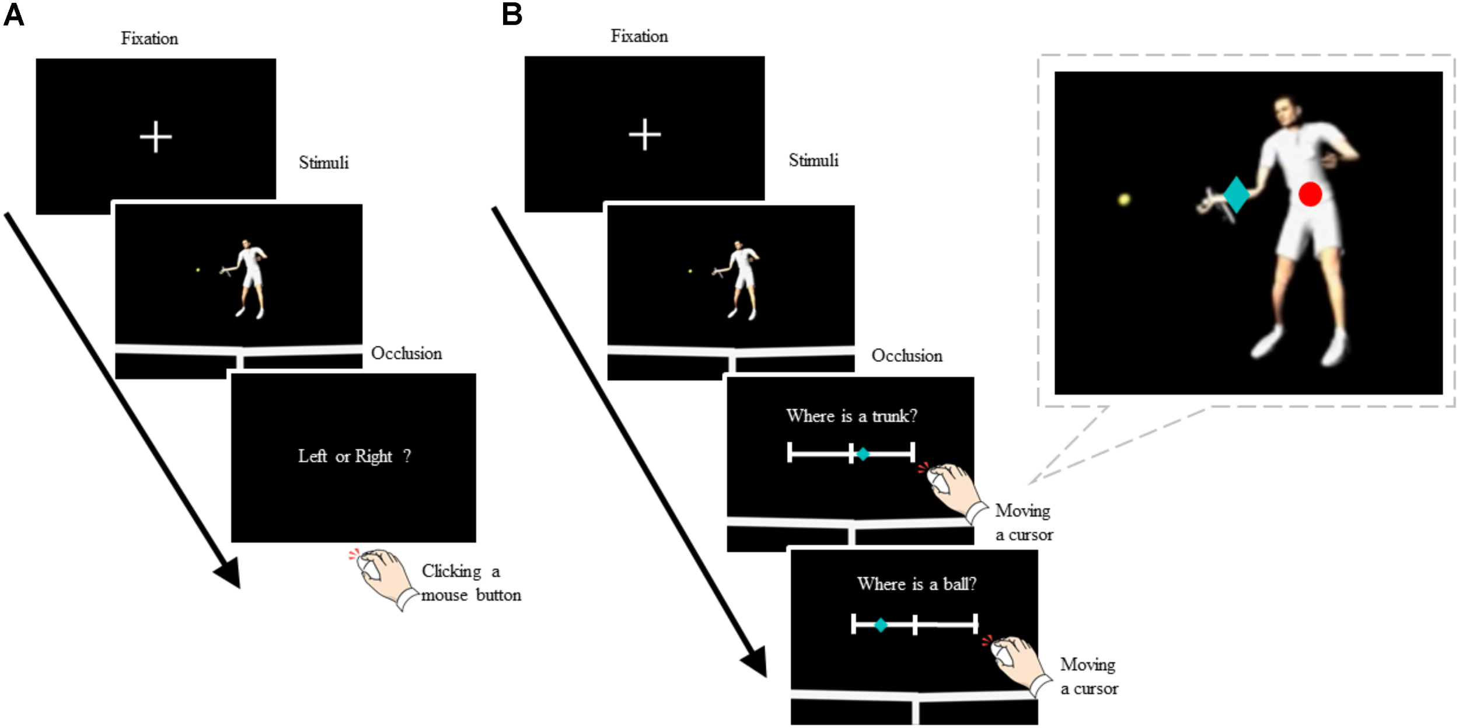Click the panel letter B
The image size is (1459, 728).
point(512,14)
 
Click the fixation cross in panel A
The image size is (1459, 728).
point(156,137)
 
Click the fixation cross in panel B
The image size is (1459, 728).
point(644,134)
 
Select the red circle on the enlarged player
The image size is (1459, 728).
point(1310,194)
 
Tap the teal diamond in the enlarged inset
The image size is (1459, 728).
point(1235,194)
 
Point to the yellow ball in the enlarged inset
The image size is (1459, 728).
point(1123,200)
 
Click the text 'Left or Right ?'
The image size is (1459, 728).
point(354,456)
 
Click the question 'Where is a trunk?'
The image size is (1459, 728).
point(851,416)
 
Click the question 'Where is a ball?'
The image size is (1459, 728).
point(916,584)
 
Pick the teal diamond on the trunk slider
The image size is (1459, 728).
point(863,454)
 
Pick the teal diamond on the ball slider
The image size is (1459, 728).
point(881,625)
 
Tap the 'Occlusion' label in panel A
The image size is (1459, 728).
point(406,353)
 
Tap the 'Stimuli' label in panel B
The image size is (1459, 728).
point(813,161)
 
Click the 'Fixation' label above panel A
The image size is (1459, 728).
point(149,39)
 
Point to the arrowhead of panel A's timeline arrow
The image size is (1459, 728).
point(231,575)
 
